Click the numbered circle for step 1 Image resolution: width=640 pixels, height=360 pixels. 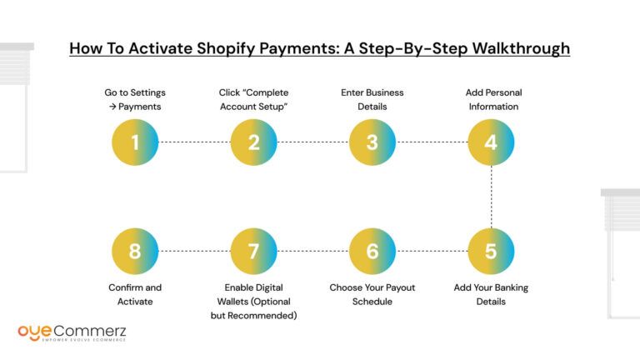(135, 142)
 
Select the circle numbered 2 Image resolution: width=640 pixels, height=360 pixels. (253, 142)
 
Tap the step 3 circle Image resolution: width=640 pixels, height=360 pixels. (372, 142)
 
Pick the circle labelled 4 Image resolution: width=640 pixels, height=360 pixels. (491, 142)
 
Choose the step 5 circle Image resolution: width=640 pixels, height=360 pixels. (491, 251)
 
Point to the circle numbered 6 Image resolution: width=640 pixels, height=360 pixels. (372, 251)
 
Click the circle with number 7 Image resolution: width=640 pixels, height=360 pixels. (253, 251)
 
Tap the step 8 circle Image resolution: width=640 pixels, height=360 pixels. (135, 251)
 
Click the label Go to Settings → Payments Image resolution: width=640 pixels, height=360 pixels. (135, 99)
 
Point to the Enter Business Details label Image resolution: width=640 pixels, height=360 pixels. (372, 99)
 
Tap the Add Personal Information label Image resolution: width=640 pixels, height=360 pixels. (492, 99)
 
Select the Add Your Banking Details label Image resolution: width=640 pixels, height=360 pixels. (491, 294)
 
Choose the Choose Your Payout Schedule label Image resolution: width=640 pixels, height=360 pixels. (372, 294)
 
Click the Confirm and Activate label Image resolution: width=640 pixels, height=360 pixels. (135, 294)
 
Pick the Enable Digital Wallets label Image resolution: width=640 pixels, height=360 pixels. (253, 302)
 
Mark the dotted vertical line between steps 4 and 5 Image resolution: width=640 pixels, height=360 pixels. (491, 197)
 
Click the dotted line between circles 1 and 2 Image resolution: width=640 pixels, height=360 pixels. (194, 142)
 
